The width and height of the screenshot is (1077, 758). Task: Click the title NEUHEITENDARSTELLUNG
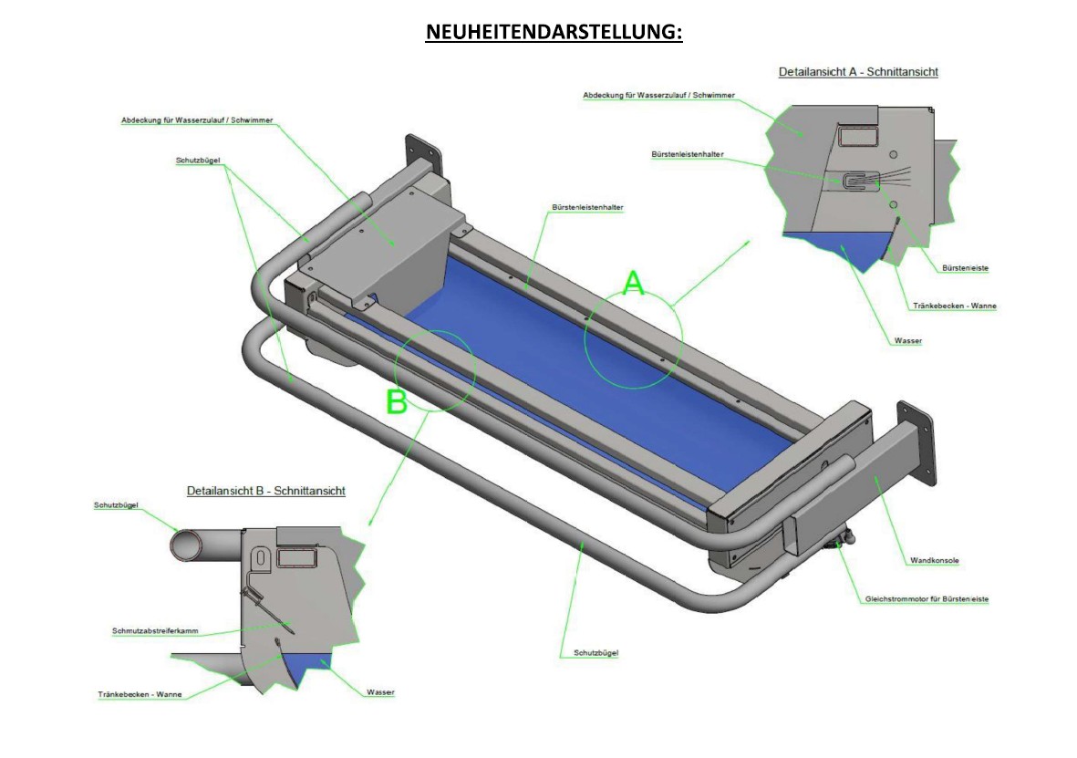554,32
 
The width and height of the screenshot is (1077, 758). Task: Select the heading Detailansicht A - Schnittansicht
858,71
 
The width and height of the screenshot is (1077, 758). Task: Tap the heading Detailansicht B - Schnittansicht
265,491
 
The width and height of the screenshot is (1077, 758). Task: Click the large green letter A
633,284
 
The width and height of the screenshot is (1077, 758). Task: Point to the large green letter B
397,401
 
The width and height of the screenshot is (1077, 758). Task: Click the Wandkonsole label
934,561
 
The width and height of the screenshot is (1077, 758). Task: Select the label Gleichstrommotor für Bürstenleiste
927,599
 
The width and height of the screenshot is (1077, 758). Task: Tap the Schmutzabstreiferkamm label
155,631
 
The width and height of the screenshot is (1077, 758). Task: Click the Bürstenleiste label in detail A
965,268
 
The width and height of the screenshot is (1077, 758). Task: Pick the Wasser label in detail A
908,341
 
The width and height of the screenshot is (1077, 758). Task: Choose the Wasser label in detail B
380,692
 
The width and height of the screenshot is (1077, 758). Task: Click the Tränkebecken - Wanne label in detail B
140,694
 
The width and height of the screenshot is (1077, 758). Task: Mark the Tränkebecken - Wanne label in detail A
955,306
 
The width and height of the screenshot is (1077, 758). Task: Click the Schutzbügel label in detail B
116,505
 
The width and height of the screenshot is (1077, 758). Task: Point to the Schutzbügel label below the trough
596,653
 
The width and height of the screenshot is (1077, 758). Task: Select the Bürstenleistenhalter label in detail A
688,155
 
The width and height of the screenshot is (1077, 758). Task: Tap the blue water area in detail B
306,663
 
